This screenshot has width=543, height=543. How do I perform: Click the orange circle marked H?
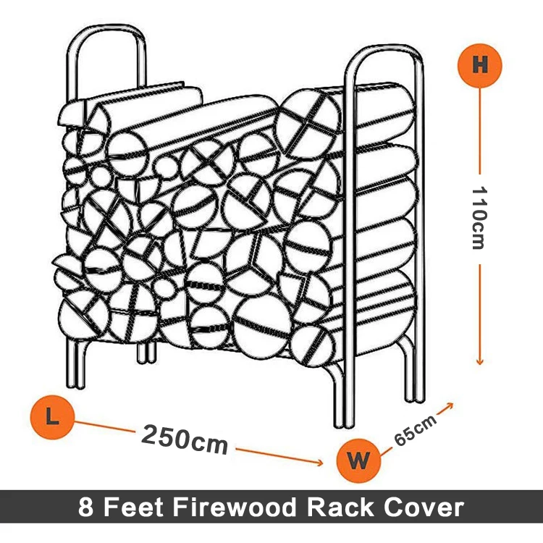click(479, 64)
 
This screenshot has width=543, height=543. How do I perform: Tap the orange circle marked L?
click(51, 416)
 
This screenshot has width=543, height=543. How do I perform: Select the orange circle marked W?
click(358, 460)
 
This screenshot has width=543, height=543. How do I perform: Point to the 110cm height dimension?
click(479, 217)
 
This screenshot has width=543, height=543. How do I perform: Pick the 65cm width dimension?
click(416, 432)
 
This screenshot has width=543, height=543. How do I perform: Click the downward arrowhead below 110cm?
click(479, 362)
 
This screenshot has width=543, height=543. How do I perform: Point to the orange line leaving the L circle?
click(101, 426)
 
